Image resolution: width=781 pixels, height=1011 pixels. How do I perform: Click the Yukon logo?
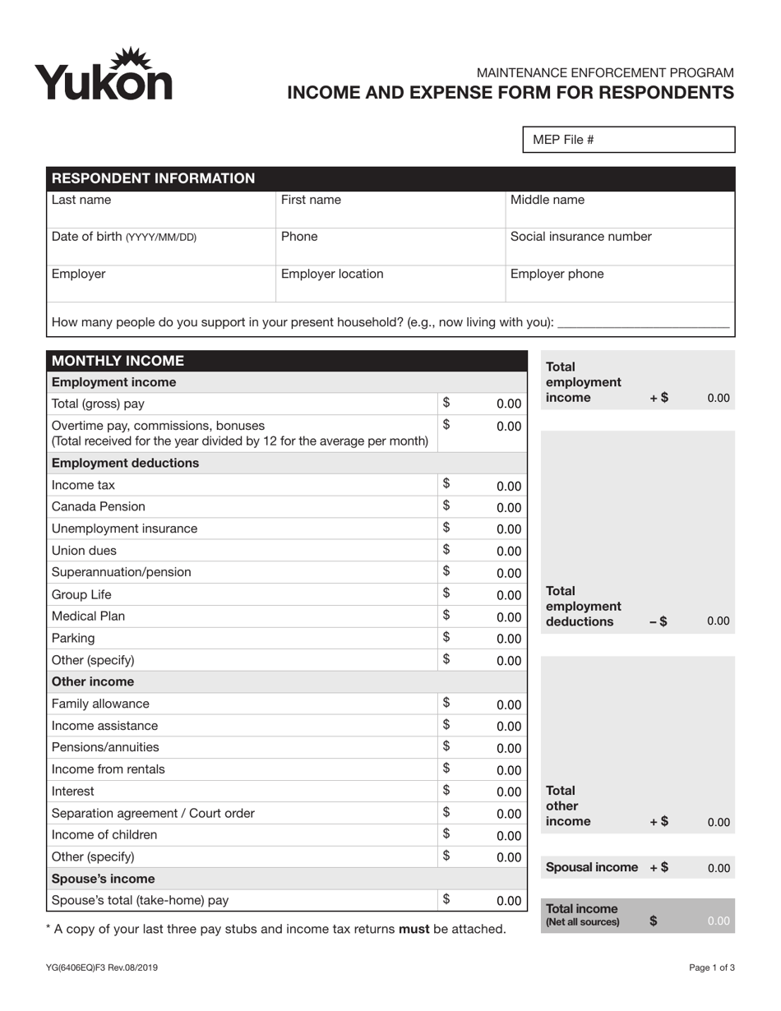pyautogui.click(x=104, y=74)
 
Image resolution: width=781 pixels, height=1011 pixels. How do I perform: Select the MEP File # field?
pyautogui.click(x=629, y=140)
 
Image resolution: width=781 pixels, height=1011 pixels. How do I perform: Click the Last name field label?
pyautogui.click(x=81, y=200)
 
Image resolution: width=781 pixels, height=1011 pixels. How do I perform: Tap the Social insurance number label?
pyautogui.click(x=580, y=237)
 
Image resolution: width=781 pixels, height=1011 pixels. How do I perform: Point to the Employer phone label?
pyautogui.click(x=557, y=274)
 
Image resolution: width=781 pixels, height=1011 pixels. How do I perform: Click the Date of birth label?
pyautogui.click(x=124, y=237)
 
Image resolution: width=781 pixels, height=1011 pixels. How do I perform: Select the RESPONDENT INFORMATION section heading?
pyautogui.click(x=154, y=178)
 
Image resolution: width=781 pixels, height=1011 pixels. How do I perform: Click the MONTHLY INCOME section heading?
pyautogui.click(x=118, y=361)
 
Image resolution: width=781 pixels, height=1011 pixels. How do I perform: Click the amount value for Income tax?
pyautogui.click(x=509, y=486)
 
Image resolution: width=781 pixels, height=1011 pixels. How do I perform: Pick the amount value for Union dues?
pyautogui.click(x=509, y=552)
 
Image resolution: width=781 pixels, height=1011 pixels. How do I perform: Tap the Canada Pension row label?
pyautogui.click(x=98, y=506)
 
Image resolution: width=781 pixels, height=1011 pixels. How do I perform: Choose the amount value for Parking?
pyautogui.click(x=509, y=639)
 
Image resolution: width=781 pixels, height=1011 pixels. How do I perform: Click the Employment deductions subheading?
pyautogui.click(x=125, y=463)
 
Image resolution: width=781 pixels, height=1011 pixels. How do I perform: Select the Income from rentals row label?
pyautogui.click(x=108, y=769)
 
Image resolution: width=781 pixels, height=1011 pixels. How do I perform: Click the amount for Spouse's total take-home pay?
pyautogui.click(x=509, y=901)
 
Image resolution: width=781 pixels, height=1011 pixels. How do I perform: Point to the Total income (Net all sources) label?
pyautogui.click(x=583, y=915)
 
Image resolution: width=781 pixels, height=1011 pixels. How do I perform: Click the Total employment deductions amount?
pyautogui.click(x=718, y=621)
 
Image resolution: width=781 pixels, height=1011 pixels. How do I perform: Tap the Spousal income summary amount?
pyautogui.click(x=718, y=868)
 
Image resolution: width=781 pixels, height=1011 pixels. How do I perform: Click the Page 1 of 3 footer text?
pyautogui.click(x=711, y=968)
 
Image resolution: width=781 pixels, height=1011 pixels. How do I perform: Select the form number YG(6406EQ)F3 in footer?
pyautogui.click(x=102, y=968)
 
